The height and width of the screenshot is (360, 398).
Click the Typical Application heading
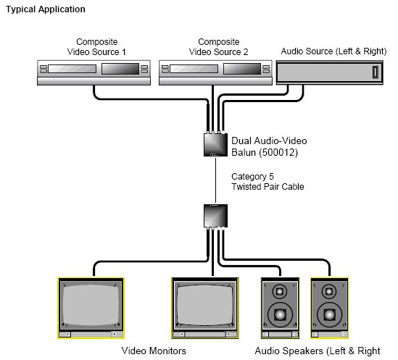point(46,9)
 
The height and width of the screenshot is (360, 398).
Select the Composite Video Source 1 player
point(94,72)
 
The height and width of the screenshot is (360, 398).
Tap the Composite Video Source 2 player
point(215,72)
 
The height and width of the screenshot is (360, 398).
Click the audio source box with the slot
point(330,72)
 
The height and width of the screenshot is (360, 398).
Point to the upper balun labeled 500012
point(215,144)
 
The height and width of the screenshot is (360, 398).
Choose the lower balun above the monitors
point(215,216)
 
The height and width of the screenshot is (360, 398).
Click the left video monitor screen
point(91,305)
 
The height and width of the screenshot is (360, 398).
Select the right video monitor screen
point(205,305)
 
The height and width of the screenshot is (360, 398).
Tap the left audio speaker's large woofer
point(281,315)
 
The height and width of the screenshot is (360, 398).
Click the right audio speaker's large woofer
point(329,315)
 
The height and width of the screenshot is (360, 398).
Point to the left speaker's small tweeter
point(280,291)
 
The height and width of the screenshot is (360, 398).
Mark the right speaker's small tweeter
point(329,291)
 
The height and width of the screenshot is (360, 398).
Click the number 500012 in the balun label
point(277,152)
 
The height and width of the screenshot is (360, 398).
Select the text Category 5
point(252,177)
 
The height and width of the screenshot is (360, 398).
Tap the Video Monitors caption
point(154,351)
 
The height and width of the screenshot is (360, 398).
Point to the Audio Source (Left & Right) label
point(333,51)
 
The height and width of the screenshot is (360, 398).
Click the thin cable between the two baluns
point(216,180)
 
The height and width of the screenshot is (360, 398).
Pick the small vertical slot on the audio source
point(376,72)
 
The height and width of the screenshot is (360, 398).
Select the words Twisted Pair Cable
point(268,187)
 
